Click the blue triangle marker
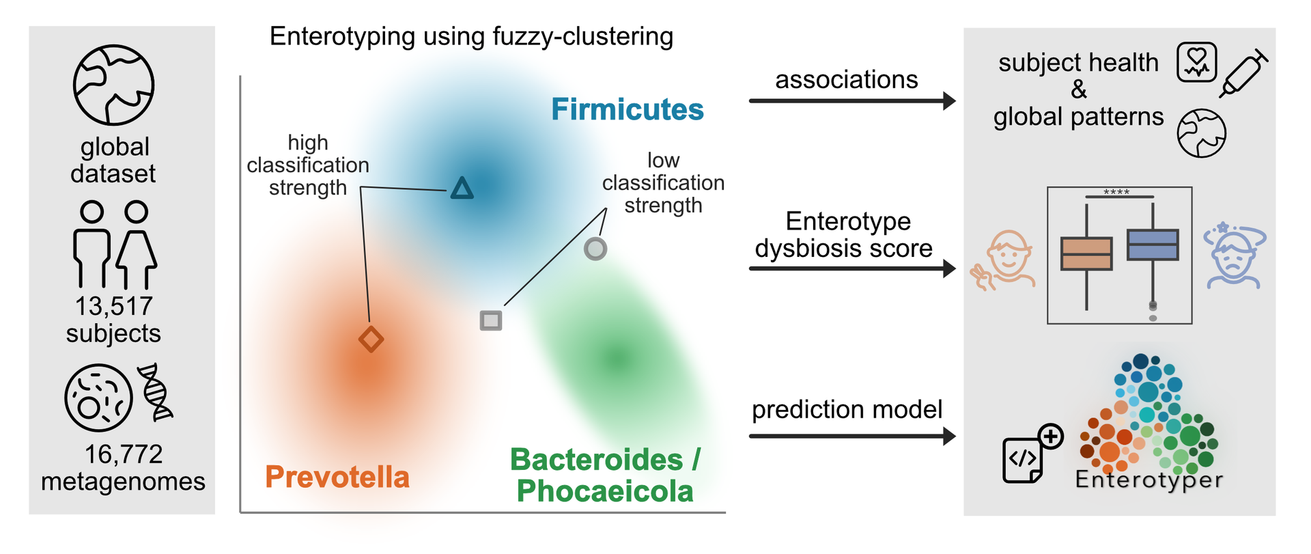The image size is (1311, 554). [x=462, y=189]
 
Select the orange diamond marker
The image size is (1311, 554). [x=371, y=339]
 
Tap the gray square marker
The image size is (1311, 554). [x=491, y=320]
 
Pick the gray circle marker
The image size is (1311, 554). [x=595, y=249]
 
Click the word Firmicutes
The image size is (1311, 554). [x=627, y=109]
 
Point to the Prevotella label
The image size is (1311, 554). [x=337, y=477]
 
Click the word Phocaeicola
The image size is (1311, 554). [x=605, y=491]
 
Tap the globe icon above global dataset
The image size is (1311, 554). [x=114, y=85]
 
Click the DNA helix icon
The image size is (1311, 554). [x=156, y=391]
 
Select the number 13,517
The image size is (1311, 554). [x=113, y=306]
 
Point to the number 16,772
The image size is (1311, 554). [x=124, y=454]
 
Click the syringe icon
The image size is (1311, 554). [x=1244, y=73]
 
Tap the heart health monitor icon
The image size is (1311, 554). [x=1196, y=62]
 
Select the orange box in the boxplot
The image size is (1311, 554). [x=1086, y=253]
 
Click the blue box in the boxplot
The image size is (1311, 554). [x=1153, y=245]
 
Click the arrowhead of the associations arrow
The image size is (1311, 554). [x=949, y=101]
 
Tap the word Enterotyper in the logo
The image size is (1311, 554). [x=1149, y=479]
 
